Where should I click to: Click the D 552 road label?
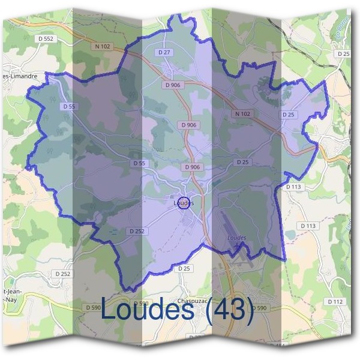[45, 38]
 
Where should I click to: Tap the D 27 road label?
[164, 53]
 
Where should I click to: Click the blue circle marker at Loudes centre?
[184, 202]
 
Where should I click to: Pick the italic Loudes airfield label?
[237, 238]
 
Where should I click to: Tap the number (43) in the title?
[229, 310]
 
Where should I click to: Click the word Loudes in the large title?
[148, 310]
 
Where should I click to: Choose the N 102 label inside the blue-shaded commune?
[242, 113]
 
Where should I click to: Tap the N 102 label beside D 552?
[103, 46]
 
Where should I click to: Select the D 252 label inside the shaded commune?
[136, 231]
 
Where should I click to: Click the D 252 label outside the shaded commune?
[62, 274]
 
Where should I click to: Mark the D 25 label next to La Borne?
[343, 53]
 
